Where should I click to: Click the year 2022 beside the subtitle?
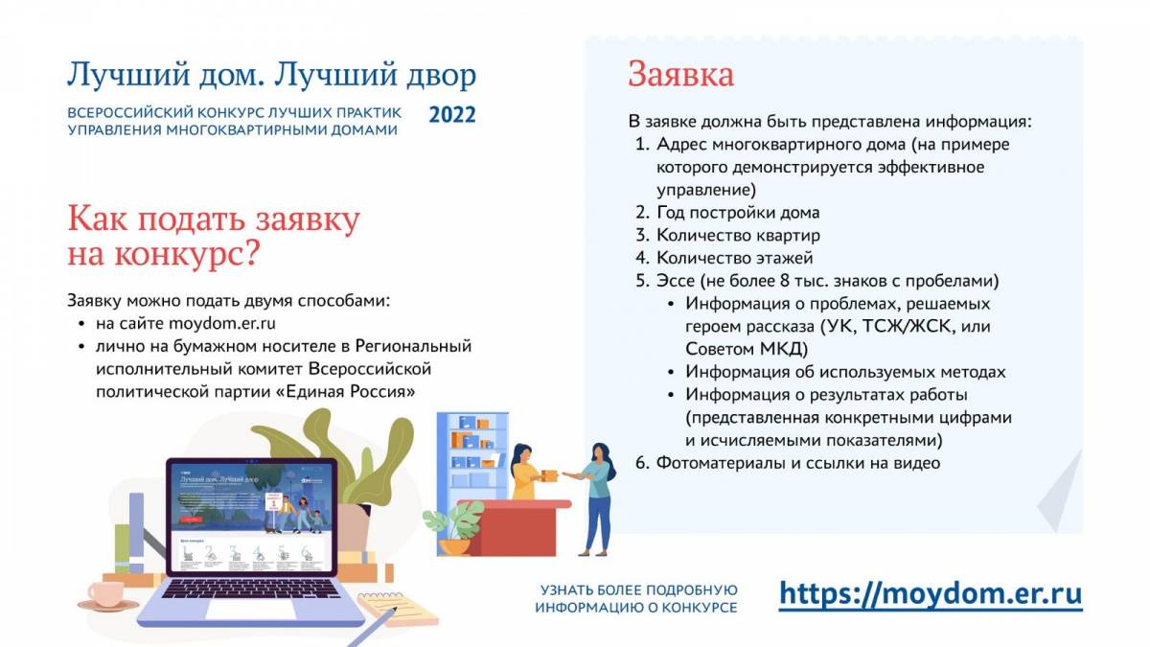coord(452,115)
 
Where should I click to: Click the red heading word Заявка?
coord(680,75)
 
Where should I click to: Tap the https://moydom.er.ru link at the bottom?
coord(931,594)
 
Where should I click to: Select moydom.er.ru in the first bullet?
coord(221,324)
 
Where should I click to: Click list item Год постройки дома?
coord(738,213)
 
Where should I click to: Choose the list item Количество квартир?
coord(738,235)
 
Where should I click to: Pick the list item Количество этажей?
coord(735,258)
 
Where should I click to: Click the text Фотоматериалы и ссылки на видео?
coord(798,463)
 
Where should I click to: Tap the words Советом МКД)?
coord(747,349)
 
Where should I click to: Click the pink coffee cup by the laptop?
coord(106,595)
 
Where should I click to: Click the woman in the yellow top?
coord(529,472)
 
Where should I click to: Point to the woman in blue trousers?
coord(595,499)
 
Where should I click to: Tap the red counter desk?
coord(515,528)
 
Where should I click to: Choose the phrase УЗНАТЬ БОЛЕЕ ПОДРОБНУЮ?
coord(638,590)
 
